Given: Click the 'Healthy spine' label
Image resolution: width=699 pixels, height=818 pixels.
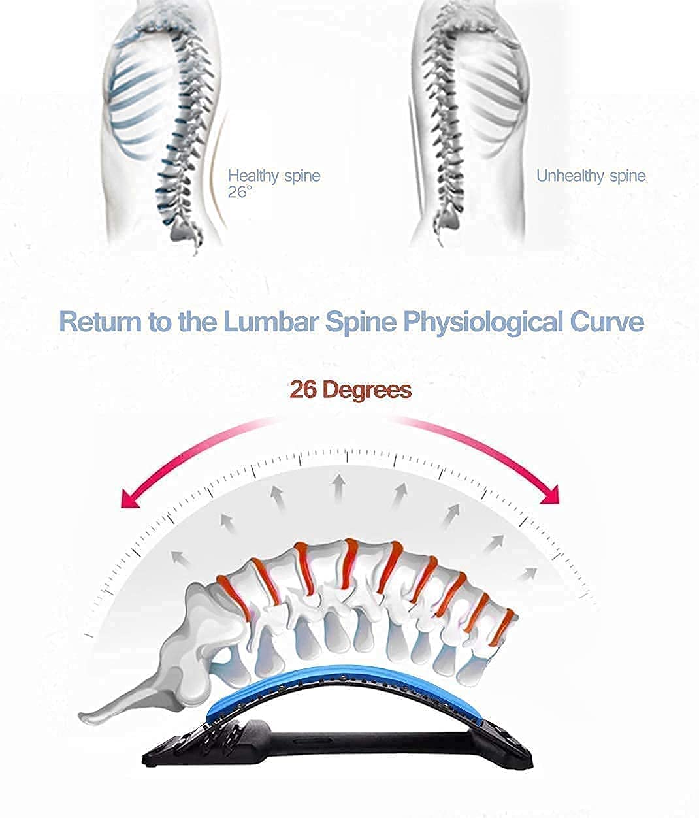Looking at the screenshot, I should (x=274, y=176).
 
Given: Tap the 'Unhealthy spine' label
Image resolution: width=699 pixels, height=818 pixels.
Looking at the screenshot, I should (x=591, y=176).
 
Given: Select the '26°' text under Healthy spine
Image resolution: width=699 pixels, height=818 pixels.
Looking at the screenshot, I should (x=240, y=193).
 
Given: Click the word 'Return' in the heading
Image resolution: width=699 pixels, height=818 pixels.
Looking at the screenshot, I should (x=101, y=323).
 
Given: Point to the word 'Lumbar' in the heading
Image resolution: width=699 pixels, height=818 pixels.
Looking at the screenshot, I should (x=268, y=323).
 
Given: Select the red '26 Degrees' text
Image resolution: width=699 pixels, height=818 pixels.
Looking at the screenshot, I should (x=350, y=390).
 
